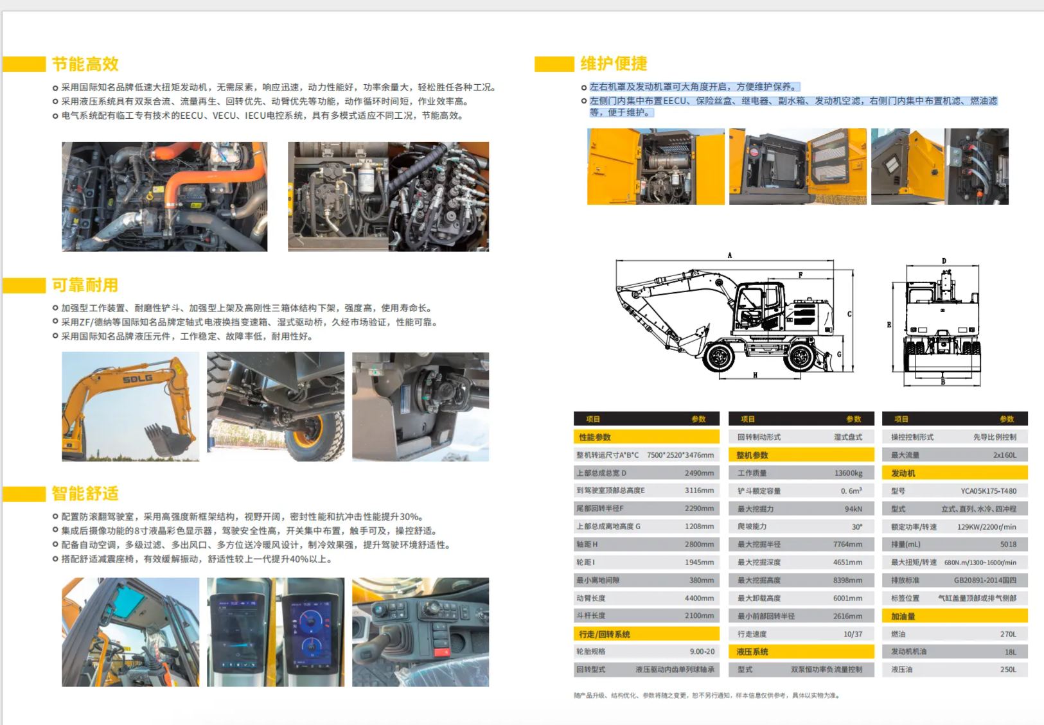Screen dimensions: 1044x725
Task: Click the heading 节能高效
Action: tap(85, 64)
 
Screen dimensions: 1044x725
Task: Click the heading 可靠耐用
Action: tap(85, 284)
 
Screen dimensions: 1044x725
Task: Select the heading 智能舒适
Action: tap(85, 493)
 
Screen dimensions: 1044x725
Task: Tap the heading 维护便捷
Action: tap(614, 64)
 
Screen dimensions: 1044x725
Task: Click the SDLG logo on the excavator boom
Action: tap(137, 379)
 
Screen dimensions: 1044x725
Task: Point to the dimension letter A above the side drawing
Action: tap(730, 256)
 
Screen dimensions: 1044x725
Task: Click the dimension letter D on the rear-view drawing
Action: tap(944, 261)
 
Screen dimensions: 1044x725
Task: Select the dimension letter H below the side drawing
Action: tap(755, 375)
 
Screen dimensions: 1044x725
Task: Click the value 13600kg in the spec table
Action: tap(848, 473)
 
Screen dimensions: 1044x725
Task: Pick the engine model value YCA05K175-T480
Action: tap(989, 491)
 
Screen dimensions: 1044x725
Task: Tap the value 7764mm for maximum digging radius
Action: tap(848, 544)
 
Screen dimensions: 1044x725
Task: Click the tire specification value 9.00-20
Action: tap(702, 651)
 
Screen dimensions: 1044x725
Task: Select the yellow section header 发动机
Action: tap(903, 473)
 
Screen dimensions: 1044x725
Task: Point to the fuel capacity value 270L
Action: tap(1008, 634)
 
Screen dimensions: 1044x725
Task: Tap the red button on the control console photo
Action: tap(441, 652)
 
